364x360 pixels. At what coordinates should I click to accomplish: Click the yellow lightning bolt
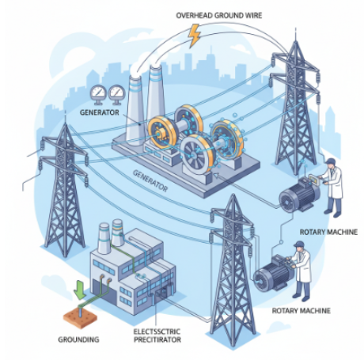[x=195, y=36]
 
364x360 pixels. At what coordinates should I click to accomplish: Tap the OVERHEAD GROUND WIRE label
[x=219, y=16]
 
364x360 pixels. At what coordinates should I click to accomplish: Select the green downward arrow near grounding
[x=80, y=290]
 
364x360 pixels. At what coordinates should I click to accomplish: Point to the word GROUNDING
[x=78, y=339]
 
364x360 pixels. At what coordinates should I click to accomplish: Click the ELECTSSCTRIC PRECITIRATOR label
[x=157, y=335]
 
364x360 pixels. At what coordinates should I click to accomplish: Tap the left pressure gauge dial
[x=98, y=93]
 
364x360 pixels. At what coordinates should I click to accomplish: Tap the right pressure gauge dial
[x=116, y=93]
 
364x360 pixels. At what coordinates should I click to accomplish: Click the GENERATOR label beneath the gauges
[x=100, y=112]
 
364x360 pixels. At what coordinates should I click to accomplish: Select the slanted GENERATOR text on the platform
[x=150, y=180]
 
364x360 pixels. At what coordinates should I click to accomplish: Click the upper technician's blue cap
[x=330, y=161]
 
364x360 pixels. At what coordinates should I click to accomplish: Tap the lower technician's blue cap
[x=298, y=243]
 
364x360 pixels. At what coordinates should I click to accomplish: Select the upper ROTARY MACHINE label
[x=328, y=232]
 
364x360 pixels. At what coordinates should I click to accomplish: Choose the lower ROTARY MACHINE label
[x=301, y=310]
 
